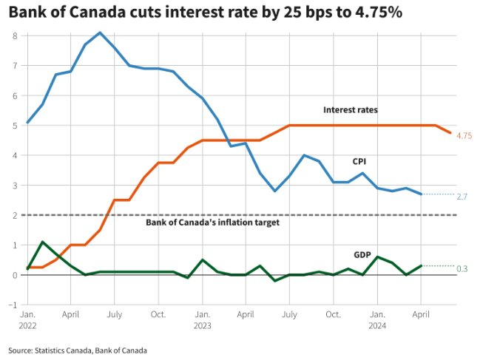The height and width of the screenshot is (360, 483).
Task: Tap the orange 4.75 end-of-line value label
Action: [465, 136]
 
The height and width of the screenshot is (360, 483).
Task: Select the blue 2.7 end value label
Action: [462, 197]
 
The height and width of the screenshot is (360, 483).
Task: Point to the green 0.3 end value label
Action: [462, 268]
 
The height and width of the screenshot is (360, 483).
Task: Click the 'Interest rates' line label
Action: [351, 110]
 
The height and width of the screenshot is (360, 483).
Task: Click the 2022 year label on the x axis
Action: [27, 325]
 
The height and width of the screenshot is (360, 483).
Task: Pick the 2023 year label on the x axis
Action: [203, 325]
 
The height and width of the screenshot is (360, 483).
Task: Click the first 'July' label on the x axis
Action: [115, 313]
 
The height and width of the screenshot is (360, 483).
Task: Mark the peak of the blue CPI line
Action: [100, 33]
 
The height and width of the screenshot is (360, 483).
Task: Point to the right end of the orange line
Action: [450, 133]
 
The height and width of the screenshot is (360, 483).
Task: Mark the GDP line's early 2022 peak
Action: [42, 242]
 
